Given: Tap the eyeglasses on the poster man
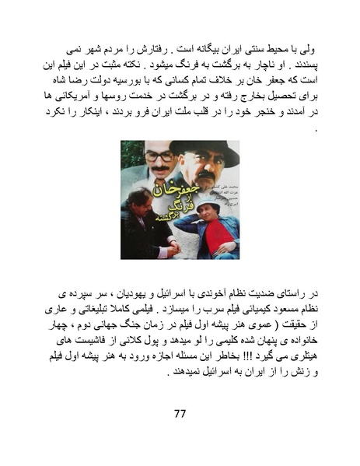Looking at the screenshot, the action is coord(161,156).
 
